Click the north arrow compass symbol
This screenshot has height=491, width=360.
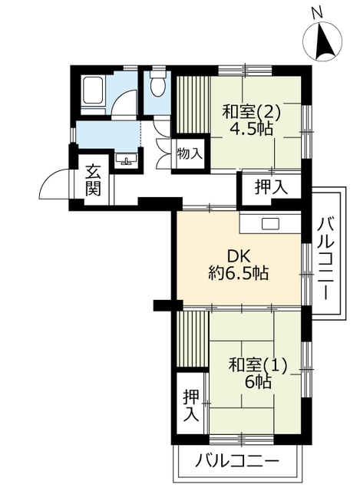pyautogui.click(x=322, y=41)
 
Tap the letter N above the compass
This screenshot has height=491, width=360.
pyautogui.click(x=317, y=12)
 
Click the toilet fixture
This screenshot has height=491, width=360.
pyautogui.click(x=157, y=82)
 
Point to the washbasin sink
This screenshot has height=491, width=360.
pyautogui.click(x=126, y=159)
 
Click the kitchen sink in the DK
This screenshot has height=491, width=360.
pyautogui.click(x=269, y=223)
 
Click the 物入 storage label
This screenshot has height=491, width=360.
pyautogui.click(x=189, y=153)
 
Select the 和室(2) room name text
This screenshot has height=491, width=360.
pyautogui.click(x=251, y=112)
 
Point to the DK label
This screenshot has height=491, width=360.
pyautogui.click(x=239, y=257)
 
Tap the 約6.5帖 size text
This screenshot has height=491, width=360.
pyautogui.click(x=239, y=274)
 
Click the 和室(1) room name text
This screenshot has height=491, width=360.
pyautogui.click(x=258, y=366)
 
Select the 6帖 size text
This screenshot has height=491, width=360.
pyautogui.click(x=258, y=382)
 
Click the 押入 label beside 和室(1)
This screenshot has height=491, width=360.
pyautogui.click(x=191, y=406)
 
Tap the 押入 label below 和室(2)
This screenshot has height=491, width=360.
pyautogui.click(x=271, y=187)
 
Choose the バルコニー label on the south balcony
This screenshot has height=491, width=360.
pyautogui.click(x=237, y=460)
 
